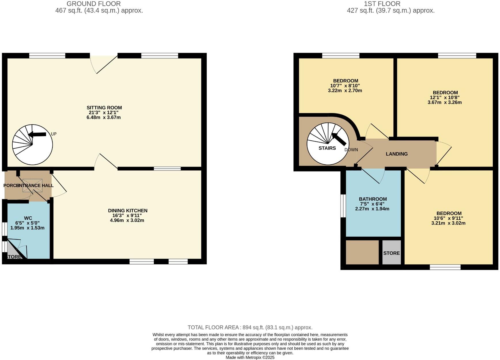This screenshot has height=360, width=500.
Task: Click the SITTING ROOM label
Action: [104, 108]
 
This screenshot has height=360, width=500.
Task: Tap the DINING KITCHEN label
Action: [128, 211]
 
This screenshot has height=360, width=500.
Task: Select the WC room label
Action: [28, 218]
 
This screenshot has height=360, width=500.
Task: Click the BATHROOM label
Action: [373, 199]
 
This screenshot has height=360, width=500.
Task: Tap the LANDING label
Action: [397, 154]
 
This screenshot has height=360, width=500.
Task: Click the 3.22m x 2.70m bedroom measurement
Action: [345, 91]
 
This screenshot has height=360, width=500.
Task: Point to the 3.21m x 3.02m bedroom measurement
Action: [448, 223]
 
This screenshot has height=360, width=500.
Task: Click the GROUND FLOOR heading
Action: [94, 4]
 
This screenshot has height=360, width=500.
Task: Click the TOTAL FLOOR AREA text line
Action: [250, 327]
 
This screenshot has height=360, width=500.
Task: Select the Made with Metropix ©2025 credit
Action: [250, 357]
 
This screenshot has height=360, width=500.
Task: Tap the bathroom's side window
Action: [343, 206]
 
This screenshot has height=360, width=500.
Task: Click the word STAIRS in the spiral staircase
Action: [327, 148]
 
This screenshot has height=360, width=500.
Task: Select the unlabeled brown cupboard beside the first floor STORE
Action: [362, 252]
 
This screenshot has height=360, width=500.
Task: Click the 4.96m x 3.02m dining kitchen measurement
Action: [127, 220]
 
